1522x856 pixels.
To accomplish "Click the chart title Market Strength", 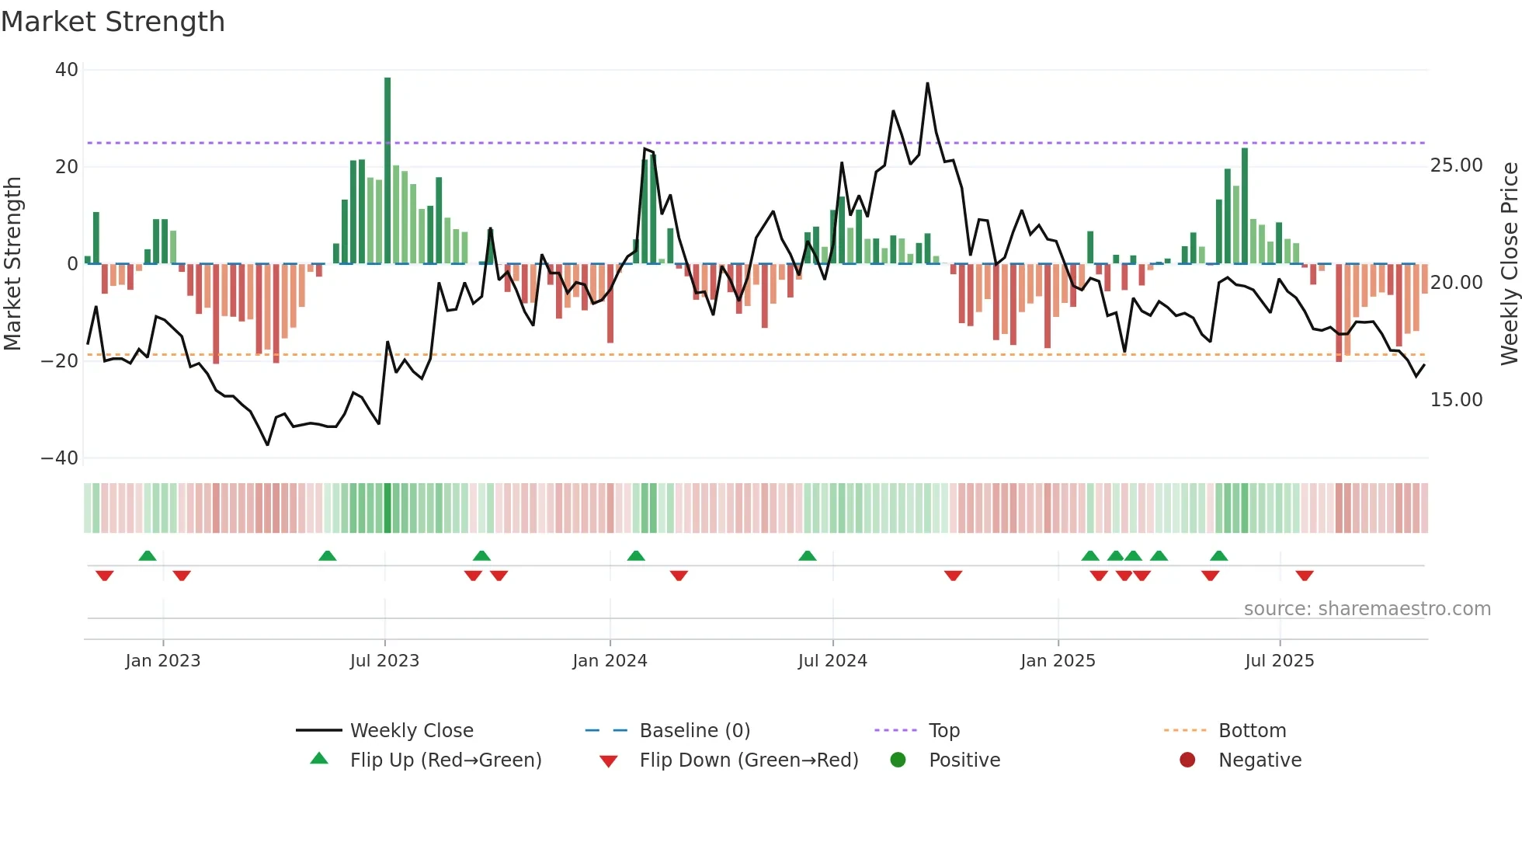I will pyautogui.click(x=113, y=22).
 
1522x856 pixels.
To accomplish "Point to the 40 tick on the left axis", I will pyautogui.click(x=67, y=70).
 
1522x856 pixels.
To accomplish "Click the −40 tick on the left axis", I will pyautogui.click(x=60, y=458).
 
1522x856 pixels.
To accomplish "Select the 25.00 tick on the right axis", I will pyautogui.click(x=1456, y=165).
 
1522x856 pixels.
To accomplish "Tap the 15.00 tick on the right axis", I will pyautogui.click(x=1456, y=400).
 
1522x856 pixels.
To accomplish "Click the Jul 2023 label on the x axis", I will pyautogui.click(x=384, y=661).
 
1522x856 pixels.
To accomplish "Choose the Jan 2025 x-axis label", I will pyautogui.click(x=1058, y=661).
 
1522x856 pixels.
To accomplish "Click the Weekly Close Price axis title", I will pyautogui.click(x=1509, y=264).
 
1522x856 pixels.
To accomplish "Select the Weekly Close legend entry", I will pyautogui.click(x=411, y=731).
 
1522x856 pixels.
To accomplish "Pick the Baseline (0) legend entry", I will pyautogui.click(x=694, y=731).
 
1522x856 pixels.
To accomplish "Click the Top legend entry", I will pyautogui.click(x=944, y=731).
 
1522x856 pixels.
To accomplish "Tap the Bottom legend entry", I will pyautogui.click(x=1252, y=731).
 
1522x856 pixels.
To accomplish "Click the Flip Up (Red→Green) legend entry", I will pyautogui.click(x=445, y=760).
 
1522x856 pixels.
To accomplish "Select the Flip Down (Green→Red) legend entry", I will pyautogui.click(x=749, y=760).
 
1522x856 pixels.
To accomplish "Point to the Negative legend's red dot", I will pyautogui.click(x=1187, y=760).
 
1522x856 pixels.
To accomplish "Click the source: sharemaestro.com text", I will pyautogui.click(x=1367, y=609).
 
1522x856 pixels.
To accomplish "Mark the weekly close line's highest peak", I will pyautogui.click(x=927, y=84).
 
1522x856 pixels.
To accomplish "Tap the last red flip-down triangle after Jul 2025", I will pyautogui.click(x=1305, y=576).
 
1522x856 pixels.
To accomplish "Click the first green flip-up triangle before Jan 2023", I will pyautogui.click(x=148, y=555).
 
